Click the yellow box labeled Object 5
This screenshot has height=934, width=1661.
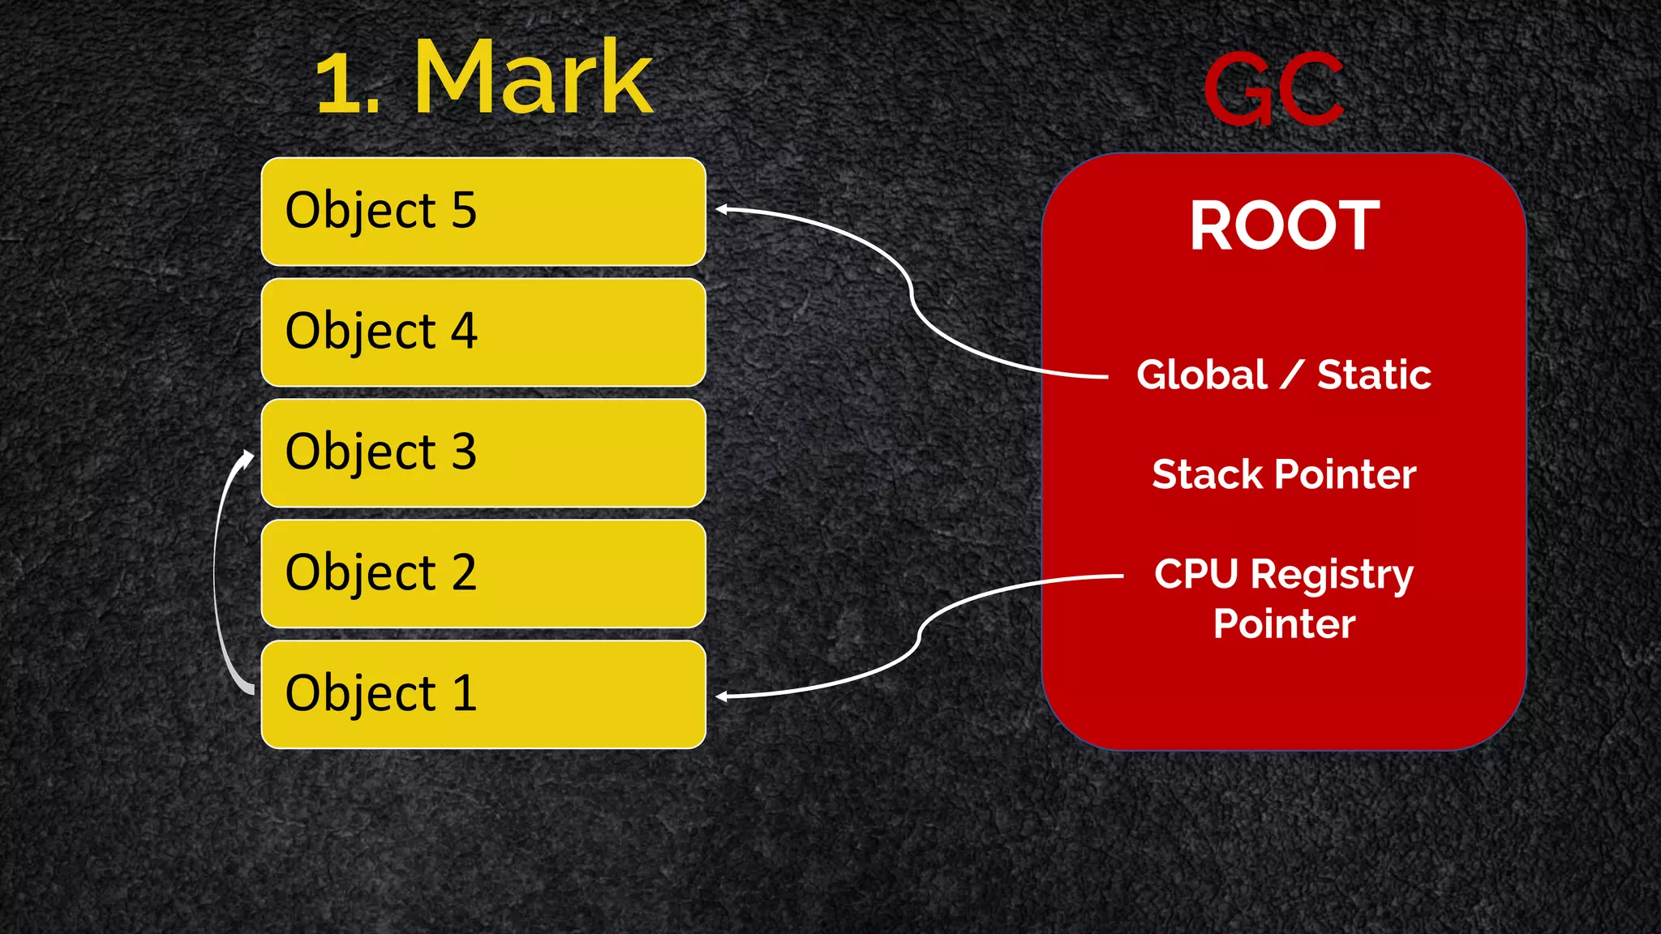point(483,212)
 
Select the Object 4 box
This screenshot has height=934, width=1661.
point(483,332)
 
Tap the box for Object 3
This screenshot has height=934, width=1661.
point(483,453)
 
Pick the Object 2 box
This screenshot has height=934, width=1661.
point(483,574)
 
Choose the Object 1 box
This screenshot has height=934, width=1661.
point(483,695)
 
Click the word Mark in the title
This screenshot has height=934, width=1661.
point(533,79)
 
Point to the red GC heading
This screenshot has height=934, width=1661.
point(1273,89)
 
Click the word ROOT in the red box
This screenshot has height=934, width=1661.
point(1284,225)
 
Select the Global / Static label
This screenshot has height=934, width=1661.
point(1284,375)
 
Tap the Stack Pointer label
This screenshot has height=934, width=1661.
point(1284,474)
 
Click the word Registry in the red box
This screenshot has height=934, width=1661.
point(1332,576)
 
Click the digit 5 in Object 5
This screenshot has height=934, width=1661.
point(464,210)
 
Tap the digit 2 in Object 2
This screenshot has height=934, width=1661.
point(464,572)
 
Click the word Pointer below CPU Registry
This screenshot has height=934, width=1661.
point(1284,624)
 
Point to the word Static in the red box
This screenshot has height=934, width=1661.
point(1374,375)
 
